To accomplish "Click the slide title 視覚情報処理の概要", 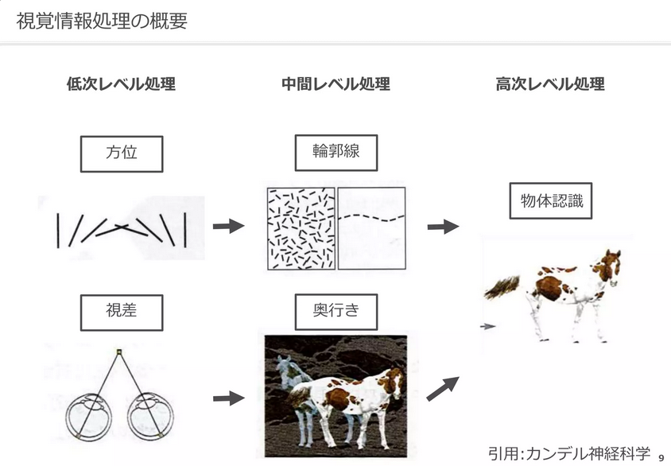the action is pos(102,21).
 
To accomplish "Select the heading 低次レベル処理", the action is pos(121,84).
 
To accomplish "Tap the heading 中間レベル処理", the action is pos(335,84).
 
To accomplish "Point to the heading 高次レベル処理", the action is pos(550,84).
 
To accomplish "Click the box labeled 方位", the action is pos(122,153).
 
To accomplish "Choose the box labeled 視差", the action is pos(122,312).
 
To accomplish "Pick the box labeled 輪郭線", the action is pos(335,152).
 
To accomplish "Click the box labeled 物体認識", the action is pos(551,201).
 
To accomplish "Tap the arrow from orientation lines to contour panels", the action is pos(228,227).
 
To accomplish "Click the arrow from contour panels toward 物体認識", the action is pos(443,227).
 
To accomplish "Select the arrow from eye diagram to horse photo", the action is pos(228,398).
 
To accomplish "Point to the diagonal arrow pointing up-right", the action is pos(443,388).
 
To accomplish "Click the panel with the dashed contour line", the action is pos(371,228).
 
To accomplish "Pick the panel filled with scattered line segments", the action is pos(301,228).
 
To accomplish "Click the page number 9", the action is pos(662,457).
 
